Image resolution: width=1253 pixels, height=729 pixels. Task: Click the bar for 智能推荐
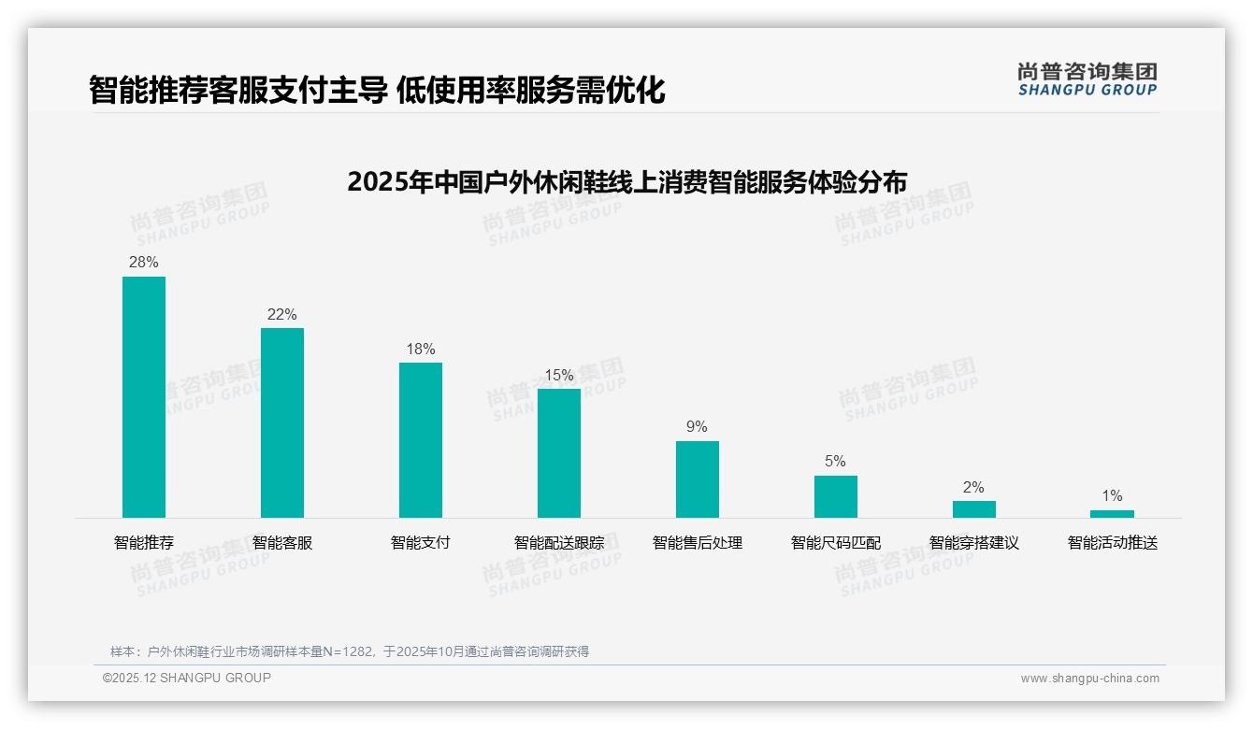tap(144, 397)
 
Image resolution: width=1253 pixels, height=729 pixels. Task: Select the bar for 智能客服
tap(282, 422)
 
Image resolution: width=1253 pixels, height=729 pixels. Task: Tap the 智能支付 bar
tap(421, 440)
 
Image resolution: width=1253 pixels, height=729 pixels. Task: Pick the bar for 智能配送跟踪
tap(559, 453)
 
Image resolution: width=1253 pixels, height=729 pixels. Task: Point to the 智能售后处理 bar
tap(698, 479)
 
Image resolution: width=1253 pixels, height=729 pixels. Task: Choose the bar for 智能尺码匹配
tap(836, 496)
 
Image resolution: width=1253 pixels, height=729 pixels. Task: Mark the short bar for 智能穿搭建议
tap(974, 509)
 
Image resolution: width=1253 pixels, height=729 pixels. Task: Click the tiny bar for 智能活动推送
tap(1112, 514)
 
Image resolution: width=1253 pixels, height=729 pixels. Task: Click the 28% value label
tap(144, 263)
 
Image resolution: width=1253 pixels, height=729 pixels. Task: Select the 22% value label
tap(282, 315)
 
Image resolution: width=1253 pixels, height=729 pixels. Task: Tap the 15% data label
tap(559, 376)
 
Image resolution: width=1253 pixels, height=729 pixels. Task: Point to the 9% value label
tap(698, 427)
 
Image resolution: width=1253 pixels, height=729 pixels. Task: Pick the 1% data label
tap(1112, 496)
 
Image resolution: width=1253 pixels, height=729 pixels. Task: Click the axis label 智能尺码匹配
tap(836, 543)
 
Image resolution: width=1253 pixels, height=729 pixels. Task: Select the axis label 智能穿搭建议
tap(974, 543)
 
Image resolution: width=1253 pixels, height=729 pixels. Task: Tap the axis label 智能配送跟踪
tap(559, 543)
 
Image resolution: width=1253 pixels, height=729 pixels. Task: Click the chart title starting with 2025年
tap(626, 181)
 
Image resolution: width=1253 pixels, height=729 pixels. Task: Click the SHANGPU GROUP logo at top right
tap(1087, 79)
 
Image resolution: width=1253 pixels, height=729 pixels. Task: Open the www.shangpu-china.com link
tap(1089, 679)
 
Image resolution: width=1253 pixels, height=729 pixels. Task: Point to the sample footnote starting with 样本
tap(350, 651)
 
